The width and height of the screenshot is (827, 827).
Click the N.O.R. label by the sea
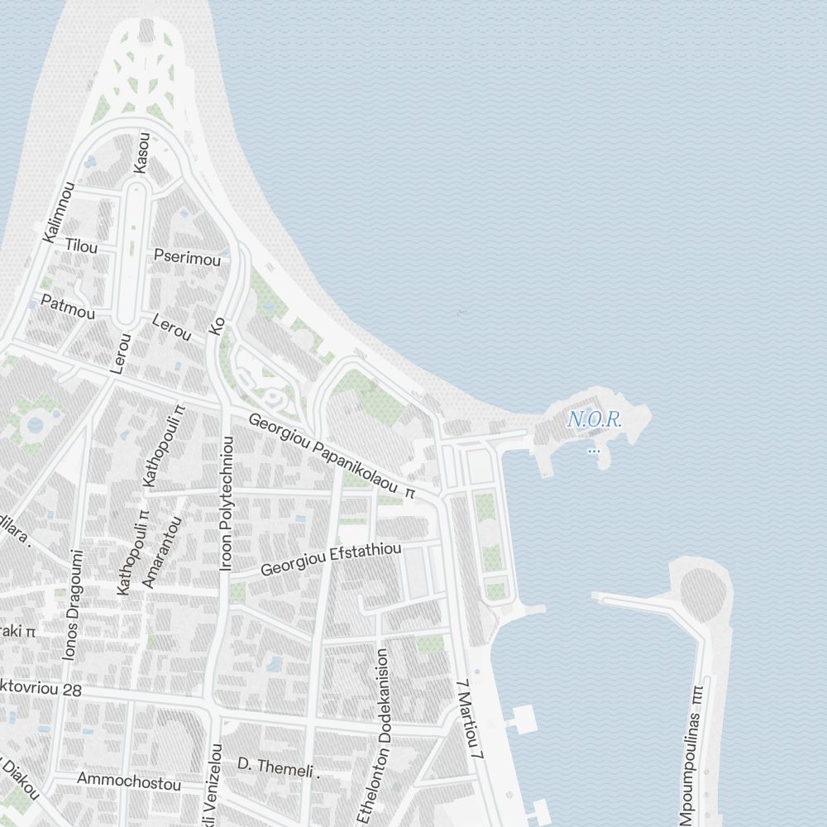pyautogui.click(x=595, y=420)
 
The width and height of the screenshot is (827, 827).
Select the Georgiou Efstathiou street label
pyautogui.click(x=331, y=559)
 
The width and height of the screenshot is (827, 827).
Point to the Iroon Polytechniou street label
pyautogui.click(x=227, y=504)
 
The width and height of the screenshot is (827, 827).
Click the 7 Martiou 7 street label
pyautogui.click(x=468, y=720)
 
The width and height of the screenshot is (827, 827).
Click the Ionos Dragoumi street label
pyautogui.click(x=73, y=605)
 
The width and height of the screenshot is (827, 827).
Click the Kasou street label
pyautogui.click(x=141, y=153)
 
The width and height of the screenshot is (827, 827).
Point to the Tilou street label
pyautogui.click(x=82, y=246)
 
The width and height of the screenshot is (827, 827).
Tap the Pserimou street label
pyautogui.click(x=188, y=258)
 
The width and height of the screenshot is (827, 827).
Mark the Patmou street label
pyautogui.click(x=68, y=307)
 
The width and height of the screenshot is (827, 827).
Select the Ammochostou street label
pyautogui.click(x=128, y=782)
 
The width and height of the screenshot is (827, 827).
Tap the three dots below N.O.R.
pyautogui.click(x=593, y=451)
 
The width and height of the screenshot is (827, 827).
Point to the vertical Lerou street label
pyautogui.click(x=121, y=353)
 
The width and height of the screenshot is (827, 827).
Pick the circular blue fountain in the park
pyautogui.click(x=35, y=425)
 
